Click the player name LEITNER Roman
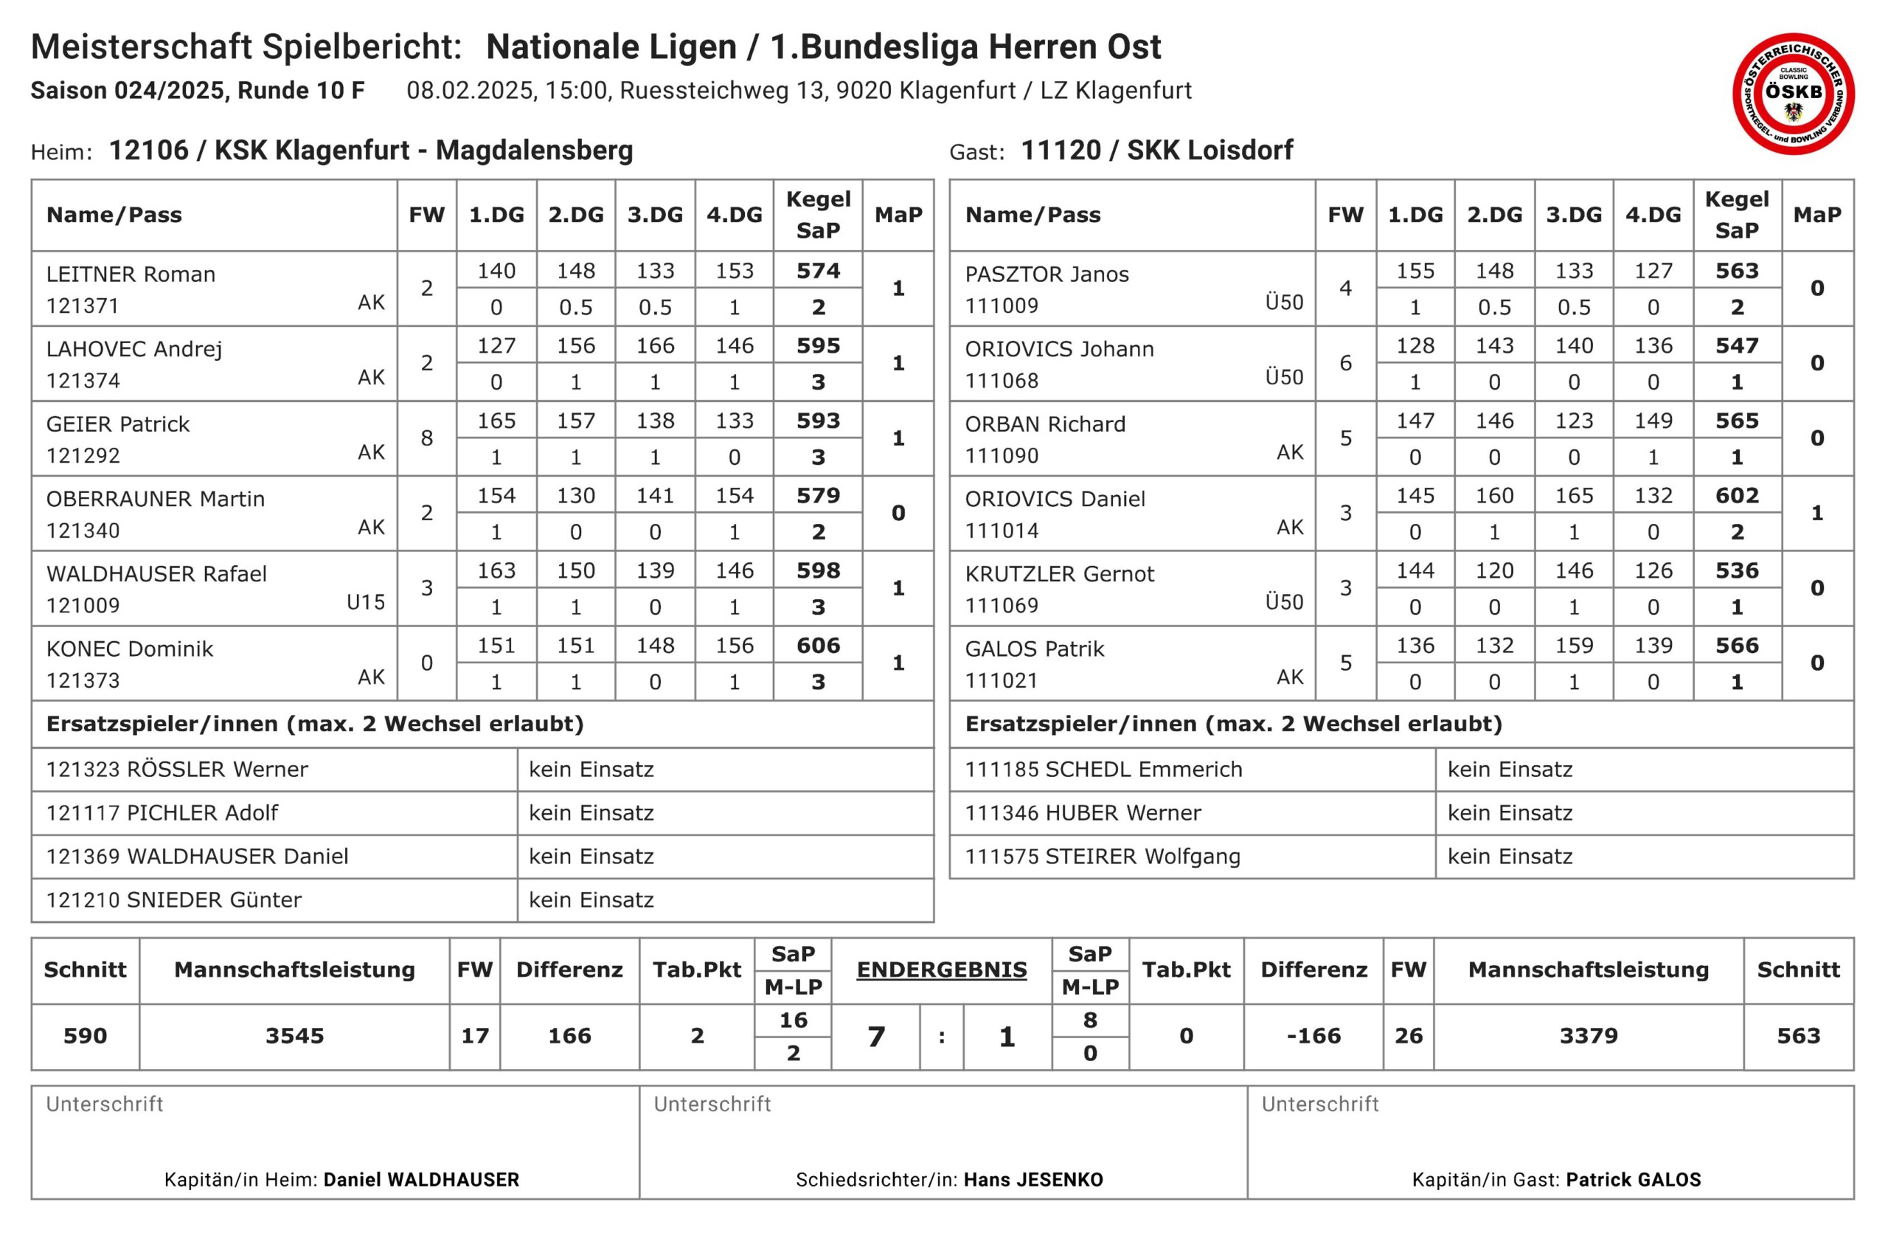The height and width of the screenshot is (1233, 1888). [x=131, y=274]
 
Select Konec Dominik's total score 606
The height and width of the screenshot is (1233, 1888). [x=818, y=646]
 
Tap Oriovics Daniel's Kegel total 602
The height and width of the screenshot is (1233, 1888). [x=1737, y=496]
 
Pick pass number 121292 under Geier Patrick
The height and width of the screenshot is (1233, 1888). [x=83, y=456]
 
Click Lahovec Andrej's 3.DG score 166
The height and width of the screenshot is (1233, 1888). [x=655, y=346]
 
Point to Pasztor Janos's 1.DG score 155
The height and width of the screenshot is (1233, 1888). [x=1415, y=272]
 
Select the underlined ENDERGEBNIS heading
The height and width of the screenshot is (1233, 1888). [x=942, y=970]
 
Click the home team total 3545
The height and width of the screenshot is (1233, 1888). [x=294, y=1036]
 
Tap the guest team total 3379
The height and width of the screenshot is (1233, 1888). [x=1588, y=1036]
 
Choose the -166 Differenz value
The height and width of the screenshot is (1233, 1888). [x=1313, y=1036]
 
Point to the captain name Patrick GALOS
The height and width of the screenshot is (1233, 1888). [x=1634, y=1180]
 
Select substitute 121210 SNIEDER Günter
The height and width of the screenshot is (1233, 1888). [x=174, y=899]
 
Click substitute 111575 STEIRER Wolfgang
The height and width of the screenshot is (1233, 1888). [x=1102, y=857]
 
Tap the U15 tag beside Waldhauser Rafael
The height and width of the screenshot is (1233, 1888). [x=366, y=602]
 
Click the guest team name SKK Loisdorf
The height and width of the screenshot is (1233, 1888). [x=1209, y=150]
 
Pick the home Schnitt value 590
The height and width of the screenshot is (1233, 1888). [x=85, y=1036]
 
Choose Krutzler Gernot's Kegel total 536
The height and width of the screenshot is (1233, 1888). [x=1737, y=571]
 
